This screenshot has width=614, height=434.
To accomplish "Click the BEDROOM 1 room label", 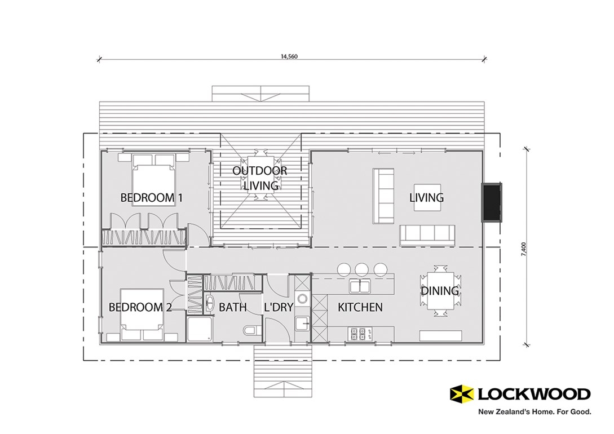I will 151,198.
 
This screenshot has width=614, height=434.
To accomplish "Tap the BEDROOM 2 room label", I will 140,307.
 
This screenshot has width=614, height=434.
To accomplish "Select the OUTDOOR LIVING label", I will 260,178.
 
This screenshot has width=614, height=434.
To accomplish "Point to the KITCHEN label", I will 360,307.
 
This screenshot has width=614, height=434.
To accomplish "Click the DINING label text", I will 440,291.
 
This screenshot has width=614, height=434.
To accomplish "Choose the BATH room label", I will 232,307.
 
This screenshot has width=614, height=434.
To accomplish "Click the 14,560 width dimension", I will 289,56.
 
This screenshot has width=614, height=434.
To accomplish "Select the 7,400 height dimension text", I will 524,249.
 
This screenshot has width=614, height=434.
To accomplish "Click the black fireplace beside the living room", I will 491,201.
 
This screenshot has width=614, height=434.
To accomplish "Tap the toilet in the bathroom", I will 250,330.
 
